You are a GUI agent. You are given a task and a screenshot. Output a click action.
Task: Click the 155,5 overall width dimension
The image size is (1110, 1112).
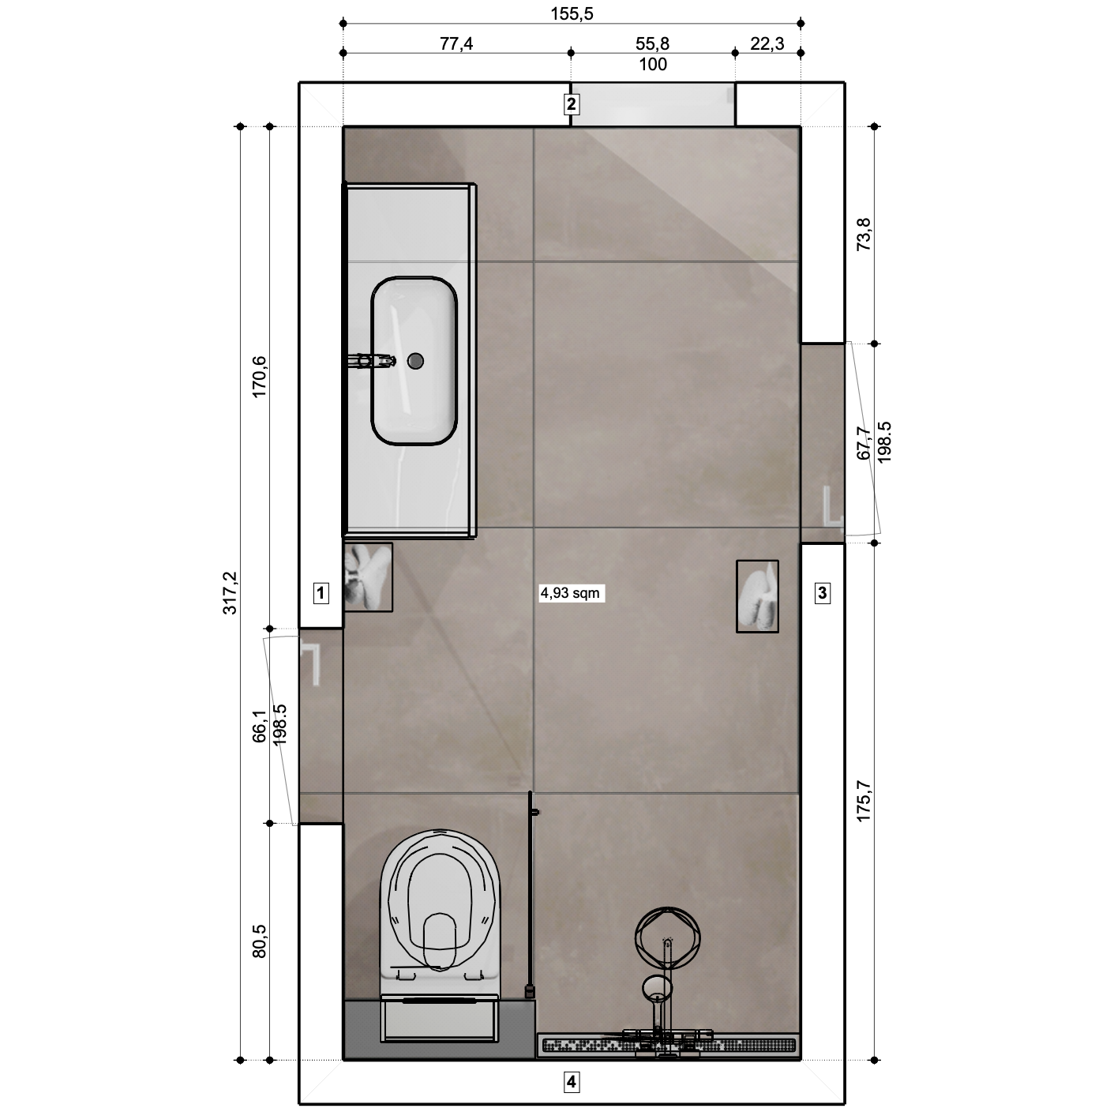click(572, 13)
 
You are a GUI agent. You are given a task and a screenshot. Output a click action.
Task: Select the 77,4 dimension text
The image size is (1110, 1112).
click(456, 43)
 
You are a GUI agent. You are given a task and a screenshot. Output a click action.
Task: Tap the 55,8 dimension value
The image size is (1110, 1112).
click(652, 43)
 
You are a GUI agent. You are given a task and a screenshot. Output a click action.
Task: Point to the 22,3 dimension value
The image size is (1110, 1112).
click(767, 43)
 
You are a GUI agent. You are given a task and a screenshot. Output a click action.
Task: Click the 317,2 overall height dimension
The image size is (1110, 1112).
click(231, 592)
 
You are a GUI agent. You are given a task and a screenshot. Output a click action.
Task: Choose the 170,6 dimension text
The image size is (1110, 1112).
click(260, 377)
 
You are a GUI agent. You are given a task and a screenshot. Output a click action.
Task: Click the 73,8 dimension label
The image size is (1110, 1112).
click(864, 235)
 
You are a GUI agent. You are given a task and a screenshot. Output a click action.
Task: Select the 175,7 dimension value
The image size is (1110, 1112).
click(864, 801)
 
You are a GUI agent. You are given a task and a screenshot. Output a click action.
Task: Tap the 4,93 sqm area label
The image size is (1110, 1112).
click(570, 592)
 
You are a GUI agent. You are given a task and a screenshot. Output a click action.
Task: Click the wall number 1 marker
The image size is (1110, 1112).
click(321, 592)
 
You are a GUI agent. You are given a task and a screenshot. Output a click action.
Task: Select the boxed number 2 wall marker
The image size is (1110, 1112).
click(571, 104)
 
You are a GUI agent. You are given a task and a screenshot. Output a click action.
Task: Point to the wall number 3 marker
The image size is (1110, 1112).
click(823, 592)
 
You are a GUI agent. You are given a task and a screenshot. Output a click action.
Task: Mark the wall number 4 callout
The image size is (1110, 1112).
click(571, 1081)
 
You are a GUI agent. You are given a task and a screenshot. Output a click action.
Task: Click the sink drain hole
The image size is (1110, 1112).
click(415, 361)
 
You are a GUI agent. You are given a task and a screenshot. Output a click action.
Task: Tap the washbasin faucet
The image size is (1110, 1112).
click(371, 361)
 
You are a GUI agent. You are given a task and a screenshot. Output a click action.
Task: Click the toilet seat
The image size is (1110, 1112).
click(441, 906)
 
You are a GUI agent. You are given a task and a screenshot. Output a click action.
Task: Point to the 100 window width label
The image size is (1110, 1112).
click(652, 64)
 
